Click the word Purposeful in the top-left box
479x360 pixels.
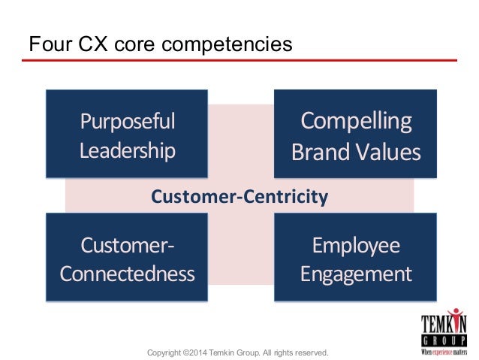127,121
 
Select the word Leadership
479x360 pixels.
127,150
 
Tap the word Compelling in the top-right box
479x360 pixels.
356,121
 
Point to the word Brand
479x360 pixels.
318,153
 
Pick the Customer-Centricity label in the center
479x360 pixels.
239,197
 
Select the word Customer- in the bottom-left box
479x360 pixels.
127,245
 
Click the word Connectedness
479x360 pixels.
127,273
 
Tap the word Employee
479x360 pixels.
356,245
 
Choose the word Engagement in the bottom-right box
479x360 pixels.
356,273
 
